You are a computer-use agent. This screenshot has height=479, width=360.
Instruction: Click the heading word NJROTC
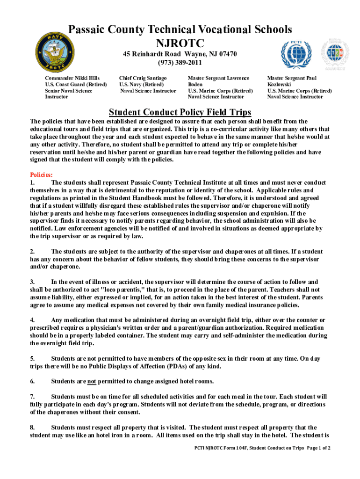click(x=180, y=44)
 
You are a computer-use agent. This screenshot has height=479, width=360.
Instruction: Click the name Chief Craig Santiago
click(x=143, y=78)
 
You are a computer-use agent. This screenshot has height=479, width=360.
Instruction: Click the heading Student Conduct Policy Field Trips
click(x=180, y=112)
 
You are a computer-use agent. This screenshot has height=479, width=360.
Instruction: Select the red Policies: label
click(x=41, y=174)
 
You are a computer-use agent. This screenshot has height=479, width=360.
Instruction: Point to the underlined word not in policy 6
click(x=92, y=381)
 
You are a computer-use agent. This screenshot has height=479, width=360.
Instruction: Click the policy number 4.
click(x=32, y=320)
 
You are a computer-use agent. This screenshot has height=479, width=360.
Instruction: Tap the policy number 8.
click(x=32, y=427)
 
